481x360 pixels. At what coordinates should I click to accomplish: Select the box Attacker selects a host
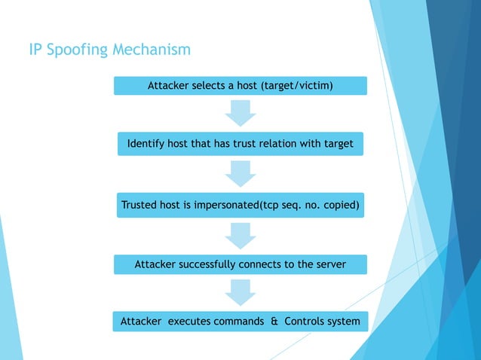(240, 86)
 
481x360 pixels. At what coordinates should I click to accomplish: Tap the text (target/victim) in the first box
(296, 86)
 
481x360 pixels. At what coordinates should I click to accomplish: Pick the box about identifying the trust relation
(240, 143)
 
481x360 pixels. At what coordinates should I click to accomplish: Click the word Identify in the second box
(147, 143)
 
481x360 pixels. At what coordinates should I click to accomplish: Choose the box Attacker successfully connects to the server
(240, 264)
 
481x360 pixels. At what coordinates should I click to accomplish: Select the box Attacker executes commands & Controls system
(240, 322)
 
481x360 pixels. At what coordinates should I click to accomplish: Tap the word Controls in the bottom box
(303, 322)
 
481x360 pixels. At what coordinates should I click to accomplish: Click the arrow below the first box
(240, 113)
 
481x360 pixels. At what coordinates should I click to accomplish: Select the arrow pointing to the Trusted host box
(240, 174)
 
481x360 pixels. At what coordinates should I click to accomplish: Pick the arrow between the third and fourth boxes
(240, 234)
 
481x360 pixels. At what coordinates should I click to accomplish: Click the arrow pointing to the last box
(240, 293)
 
